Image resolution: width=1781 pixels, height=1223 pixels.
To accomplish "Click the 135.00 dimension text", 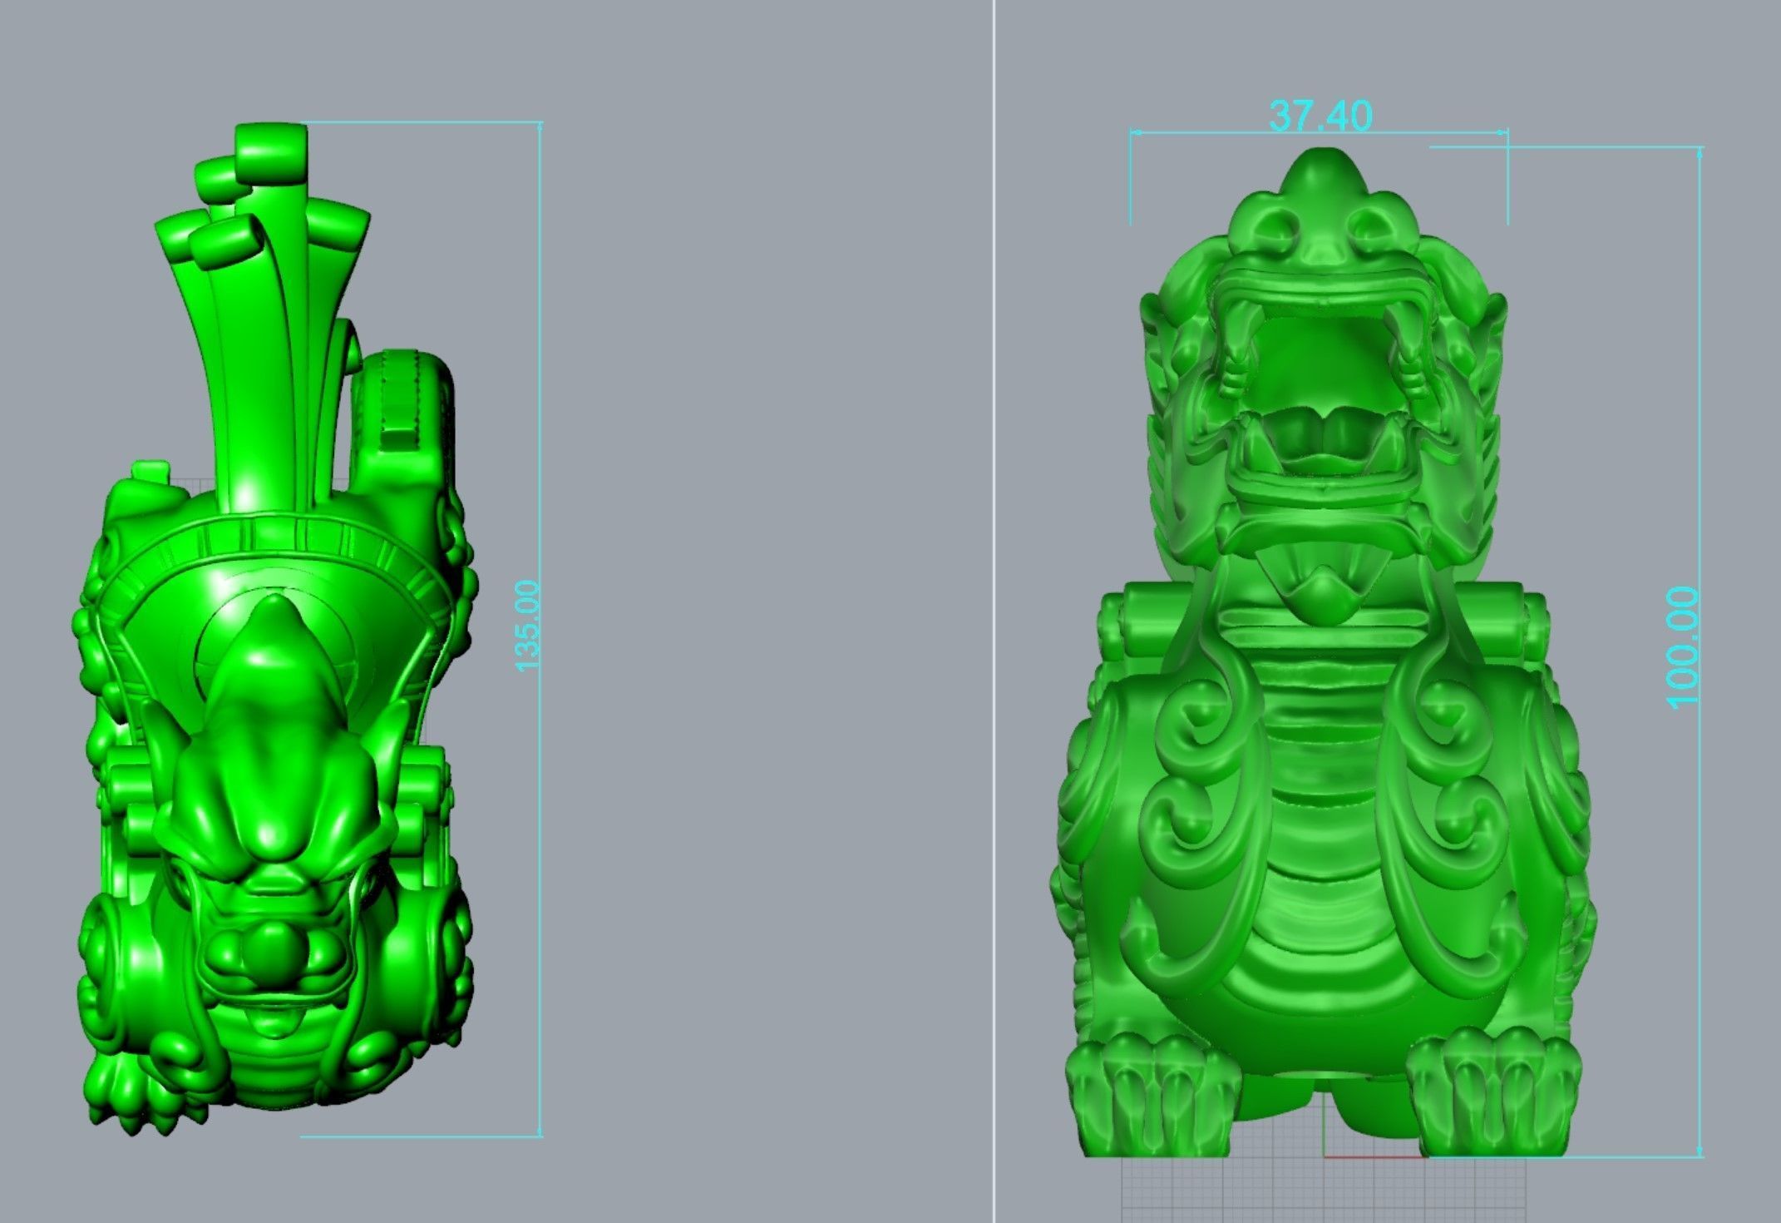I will [528, 626].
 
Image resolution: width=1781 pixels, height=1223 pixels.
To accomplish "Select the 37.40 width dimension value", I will [1320, 116].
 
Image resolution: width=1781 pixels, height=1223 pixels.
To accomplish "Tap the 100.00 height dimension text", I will [1682, 646].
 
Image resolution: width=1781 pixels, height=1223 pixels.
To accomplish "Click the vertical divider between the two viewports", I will [994, 611].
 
